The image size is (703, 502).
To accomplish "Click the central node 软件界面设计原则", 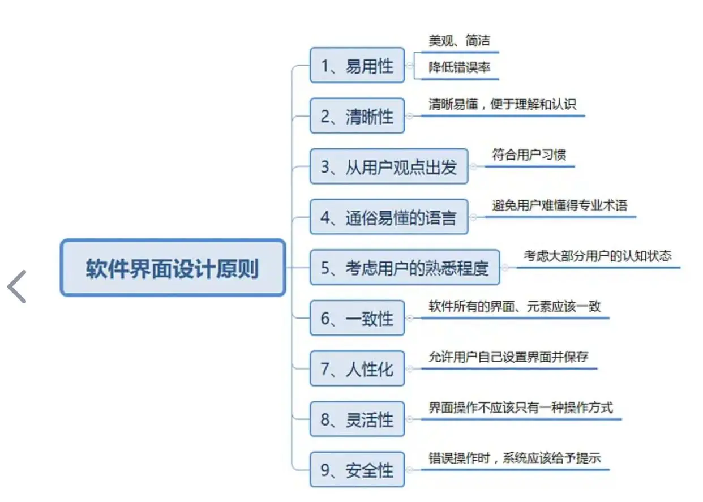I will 173,268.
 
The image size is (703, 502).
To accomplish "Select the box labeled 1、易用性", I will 357,65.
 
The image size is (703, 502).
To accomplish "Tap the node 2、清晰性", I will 357,116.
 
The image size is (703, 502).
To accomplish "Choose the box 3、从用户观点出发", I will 389,166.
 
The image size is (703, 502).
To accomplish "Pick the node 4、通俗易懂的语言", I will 389,217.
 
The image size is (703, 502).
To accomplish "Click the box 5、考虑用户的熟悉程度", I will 405,267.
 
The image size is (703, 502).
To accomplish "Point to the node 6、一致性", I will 357,318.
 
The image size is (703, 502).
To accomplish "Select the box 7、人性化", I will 357,368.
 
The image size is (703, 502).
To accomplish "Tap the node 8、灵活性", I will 357,419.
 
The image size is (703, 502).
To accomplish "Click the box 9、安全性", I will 357,470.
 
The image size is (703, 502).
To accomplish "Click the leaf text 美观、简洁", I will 459,41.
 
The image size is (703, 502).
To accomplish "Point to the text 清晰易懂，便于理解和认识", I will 502,105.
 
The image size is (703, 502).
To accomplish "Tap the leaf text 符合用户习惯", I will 529,155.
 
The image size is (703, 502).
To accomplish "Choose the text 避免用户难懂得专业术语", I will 559,205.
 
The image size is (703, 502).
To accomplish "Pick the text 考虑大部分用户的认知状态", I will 597,255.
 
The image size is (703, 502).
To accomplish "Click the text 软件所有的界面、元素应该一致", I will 515,306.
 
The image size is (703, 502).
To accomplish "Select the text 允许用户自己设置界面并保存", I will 508,357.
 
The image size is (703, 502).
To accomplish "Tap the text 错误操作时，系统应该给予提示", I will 515,458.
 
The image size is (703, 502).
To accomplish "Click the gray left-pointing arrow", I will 17,286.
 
